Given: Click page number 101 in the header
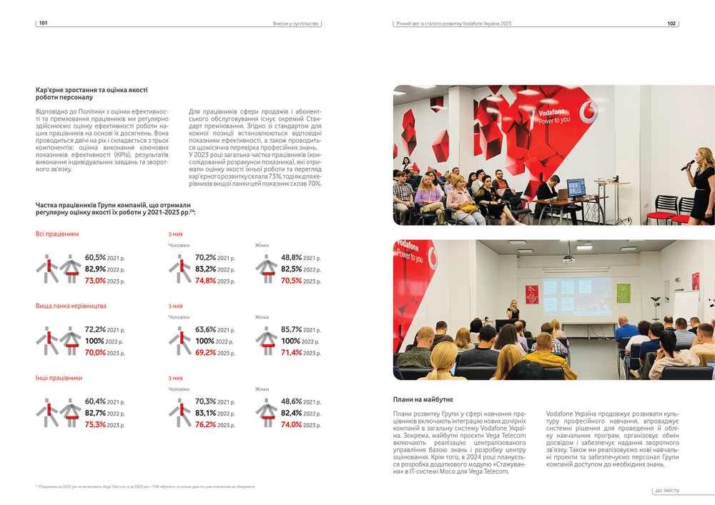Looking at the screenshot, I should pyautogui.click(x=43, y=24).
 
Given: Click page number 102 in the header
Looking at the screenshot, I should pyautogui.click(x=671, y=24).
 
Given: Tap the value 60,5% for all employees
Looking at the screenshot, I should pyautogui.click(x=95, y=258).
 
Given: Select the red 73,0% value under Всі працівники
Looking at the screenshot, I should pyautogui.click(x=95, y=281).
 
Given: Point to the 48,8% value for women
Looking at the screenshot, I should pyautogui.click(x=291, y=258).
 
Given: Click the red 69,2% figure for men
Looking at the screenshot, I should pyautogui.click(x=205, y=353).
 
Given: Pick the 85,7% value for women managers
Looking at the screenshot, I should pyautogui.click(x=291, y=330).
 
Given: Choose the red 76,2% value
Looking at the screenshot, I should pyautogui.click(x=205, y=424).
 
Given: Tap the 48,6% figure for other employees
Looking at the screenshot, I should pyautogui.click(x=291, y=401).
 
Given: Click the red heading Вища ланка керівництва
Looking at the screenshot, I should pyautogui.click(x=71, y=306).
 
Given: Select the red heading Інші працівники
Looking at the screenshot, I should pyautogui.click(x=59, y=377).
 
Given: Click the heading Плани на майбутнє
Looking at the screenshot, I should pyautogui.click(x=423, y=399).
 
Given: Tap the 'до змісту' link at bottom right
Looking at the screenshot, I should pyautogui.click(x=666, y=491).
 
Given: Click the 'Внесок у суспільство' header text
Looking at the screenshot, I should pyautogui.click(x=295, y=24).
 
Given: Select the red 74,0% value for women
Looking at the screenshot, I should pyautogui.click(x=291, y=424).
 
